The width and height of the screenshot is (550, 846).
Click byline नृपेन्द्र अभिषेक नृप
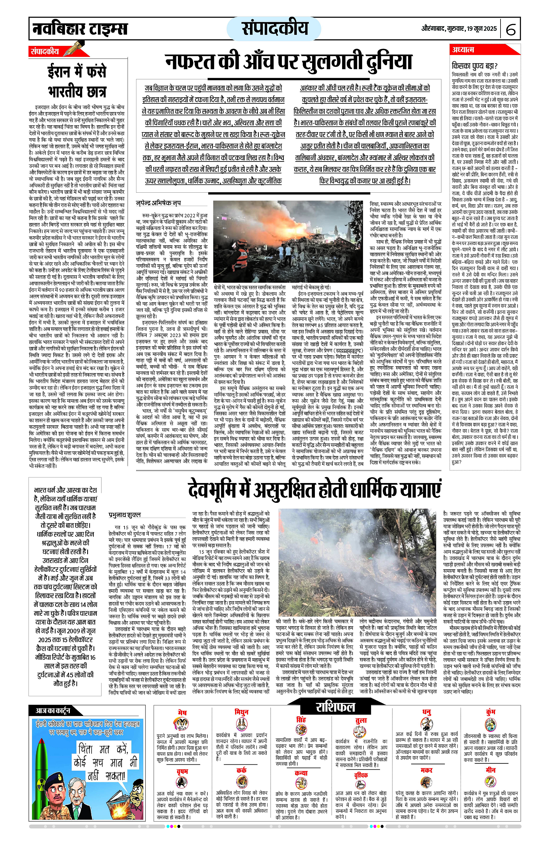(159, 203)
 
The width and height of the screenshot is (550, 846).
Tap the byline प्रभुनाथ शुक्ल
(125, 515)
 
